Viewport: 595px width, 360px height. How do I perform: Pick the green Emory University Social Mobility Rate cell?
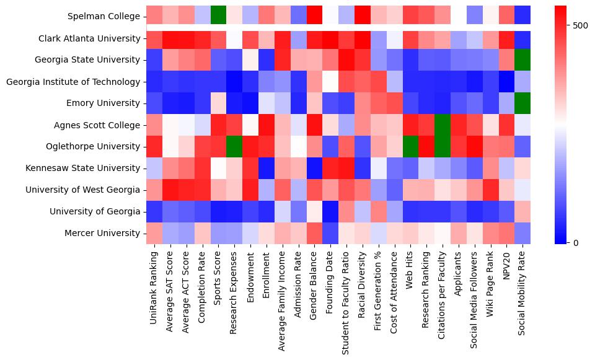coord(522,103)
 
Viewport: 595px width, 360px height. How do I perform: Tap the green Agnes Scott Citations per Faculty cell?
coord(444,125)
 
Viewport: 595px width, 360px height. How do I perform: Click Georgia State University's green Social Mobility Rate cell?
coord(522,60)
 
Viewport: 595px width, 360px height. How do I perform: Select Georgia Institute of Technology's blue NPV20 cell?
coord(506,82)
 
